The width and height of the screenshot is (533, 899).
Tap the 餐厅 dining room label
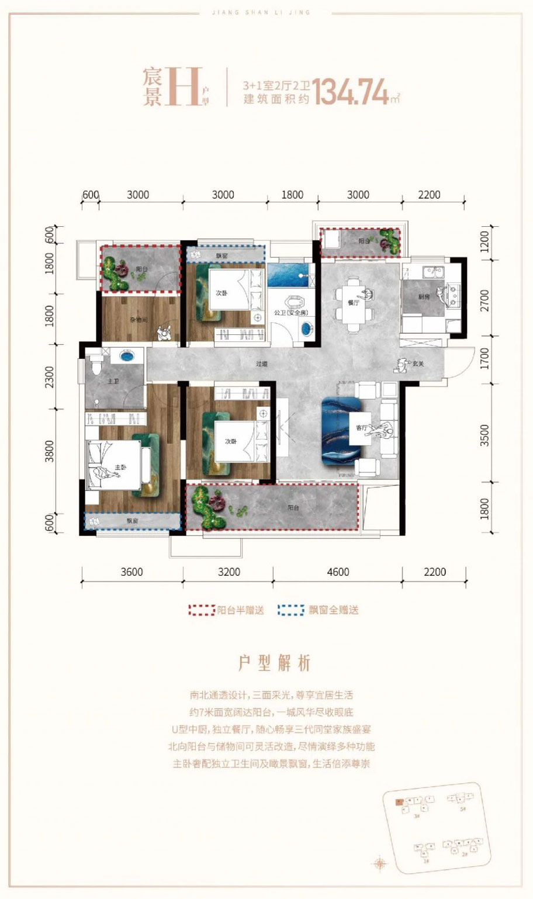tap(353, 303)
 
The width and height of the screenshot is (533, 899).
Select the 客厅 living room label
tap(361, 428)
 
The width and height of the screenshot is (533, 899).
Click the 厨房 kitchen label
tap(424, 297)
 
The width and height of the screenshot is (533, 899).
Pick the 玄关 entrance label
tap(417, 364)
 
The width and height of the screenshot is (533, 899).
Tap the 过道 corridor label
tap(261, 364)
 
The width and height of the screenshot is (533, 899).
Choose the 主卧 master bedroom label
tap(120, 468)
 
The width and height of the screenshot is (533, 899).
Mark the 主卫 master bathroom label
tap(113, 381)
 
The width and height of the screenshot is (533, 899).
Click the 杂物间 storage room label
tap(138, 320)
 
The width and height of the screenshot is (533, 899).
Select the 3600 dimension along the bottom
tap(131, 572)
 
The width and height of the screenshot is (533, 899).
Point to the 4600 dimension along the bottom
tap(338, 572)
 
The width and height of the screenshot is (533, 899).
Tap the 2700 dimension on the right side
tap(484, 300)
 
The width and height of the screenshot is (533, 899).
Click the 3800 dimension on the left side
tap(50, 451)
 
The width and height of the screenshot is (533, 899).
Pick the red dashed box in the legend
tap(202, 610)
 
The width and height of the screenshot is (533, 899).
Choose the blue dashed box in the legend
tap(291, 610)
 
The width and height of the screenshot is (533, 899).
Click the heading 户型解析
tap(274, 663)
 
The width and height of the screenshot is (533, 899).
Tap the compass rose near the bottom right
tap(380, 863)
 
